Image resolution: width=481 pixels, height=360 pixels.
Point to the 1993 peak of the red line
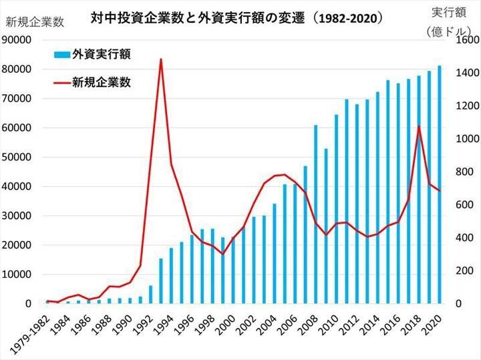pyautogui.click(x=161, y=59)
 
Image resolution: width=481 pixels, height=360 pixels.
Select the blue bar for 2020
pyautogui.click(x=440, y=184)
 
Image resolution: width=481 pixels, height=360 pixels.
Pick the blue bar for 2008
pyautogui.click(x=316, y=214)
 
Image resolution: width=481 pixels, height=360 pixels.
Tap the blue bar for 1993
pyautogui.click(x=161, y=281)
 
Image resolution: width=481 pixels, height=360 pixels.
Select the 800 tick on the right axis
pyautogui.click(x=460, y=172)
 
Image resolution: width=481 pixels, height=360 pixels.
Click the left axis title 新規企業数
pyautogui.click(x=34, y=22)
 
